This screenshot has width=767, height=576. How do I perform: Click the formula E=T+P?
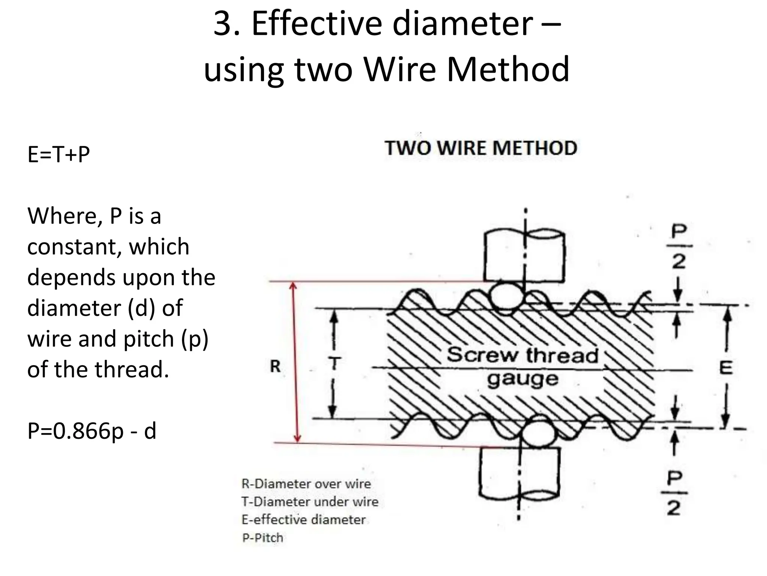(x=59, y=154)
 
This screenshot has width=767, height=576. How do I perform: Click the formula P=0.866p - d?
(x=92, y=431)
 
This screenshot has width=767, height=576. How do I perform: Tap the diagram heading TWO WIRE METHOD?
(x=481, y=148)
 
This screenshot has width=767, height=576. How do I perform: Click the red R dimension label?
(x=275, y=366)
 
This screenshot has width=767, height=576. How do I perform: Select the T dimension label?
(x=334, y=363)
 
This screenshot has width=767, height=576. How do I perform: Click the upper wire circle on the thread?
(x=506, y=296)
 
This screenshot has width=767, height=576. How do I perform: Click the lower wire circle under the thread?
(x=538, y=435)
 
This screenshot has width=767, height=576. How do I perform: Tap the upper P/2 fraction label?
(x=679, y=246)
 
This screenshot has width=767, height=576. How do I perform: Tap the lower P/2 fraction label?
(x=674, y=493)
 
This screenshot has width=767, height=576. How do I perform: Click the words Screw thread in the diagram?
(x=522, y=355)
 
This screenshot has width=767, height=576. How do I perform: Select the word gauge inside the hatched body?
(x=522, y=379)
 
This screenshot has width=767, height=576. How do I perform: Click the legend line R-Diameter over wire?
(x=306, y=484)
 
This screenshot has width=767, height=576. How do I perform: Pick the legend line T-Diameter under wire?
(x=310, y=502)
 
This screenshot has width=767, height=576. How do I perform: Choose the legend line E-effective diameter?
(x=303, y=520)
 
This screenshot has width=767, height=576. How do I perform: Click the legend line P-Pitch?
(x=263, y=538)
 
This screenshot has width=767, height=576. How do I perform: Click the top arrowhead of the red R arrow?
(x=294, y=286)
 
